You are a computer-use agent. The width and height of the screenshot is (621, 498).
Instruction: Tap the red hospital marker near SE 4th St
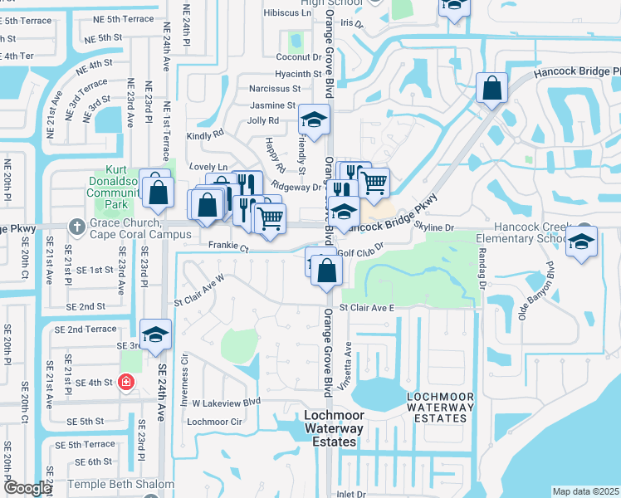click(x=125, y=383)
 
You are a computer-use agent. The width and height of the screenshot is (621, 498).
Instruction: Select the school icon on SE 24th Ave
click(x=155, y=336)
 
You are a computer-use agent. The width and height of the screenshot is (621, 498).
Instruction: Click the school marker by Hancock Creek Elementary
click(x=582, y=242)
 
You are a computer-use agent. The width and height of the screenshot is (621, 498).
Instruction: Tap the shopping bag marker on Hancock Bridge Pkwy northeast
click(x=491, y=90)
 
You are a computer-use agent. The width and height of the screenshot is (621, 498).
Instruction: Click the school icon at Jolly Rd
click(x=314, y=120)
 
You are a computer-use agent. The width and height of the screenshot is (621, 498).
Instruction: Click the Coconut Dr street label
click(x=298, y=57)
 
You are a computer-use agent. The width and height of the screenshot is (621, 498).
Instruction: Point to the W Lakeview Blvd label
click(x=226, y=402)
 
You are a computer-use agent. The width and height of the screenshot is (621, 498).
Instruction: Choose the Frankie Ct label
click(x=228, y=247)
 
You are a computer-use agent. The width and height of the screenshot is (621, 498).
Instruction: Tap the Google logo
click(x=28, y=488)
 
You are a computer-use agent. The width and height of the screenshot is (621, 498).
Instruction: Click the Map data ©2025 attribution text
click(x=585, y=491)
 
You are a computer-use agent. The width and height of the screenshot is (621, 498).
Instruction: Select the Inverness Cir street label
click(x=186, y=375)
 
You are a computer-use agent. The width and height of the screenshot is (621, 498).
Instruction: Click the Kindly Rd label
click(x=206, y=134)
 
